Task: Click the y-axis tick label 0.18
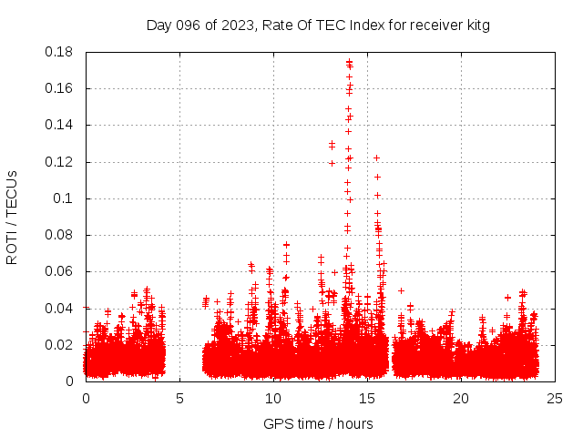point(61,52)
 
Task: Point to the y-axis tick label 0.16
point(61,88)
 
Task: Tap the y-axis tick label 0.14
point(61,125)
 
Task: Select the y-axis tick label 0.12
point(61,162)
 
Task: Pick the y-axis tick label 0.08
point(61,235)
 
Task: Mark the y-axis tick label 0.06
point(61,271)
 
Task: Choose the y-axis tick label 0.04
point(61,308)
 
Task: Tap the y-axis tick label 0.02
point(61,345)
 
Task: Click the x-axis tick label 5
point(179,399)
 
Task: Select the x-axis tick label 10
point(273,399)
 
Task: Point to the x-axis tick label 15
point(367,399)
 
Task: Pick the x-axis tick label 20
point(461,399)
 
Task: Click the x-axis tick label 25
point(555,399)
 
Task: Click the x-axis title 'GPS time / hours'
point(318,423)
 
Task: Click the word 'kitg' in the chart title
point(478,25)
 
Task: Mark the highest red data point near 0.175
point(349,63)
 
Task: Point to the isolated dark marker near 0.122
point(375,158)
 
